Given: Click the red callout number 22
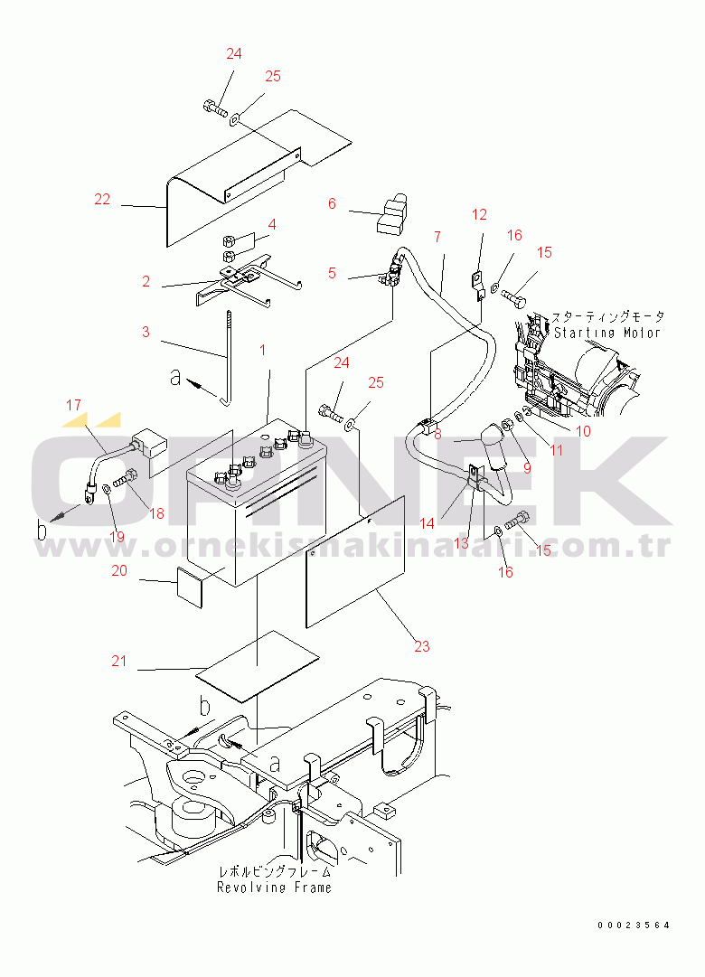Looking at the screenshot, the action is pyautogui.click(x=102, y=200).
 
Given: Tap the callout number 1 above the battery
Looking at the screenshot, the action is pyautogui.click(x=262, y=350).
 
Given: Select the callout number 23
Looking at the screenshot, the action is pyautogui.click(x=422, y=647).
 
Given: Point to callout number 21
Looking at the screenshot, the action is pyautogui.click(x=119, y=661).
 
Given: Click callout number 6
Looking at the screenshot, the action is pyautogui.click(x=332, y=203).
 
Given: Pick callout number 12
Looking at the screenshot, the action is pyautogui.click(x=479, y=215).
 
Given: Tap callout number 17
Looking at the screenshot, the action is pyautogui.click(x=73, y=406).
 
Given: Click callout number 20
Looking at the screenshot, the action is pyautogui.click(x=119, y=571).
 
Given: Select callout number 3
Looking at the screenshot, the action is pyautogui.click(x=146, y=332).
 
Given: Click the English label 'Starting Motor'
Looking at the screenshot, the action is pyautogui.click(x=607, y=333).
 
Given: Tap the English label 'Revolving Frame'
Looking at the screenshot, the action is pyautogui.click(x=274, y=888).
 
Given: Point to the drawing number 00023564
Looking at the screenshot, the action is pyautogui.click(x=634, y=925).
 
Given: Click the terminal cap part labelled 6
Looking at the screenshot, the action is pyautogui.click(x=392, y=215).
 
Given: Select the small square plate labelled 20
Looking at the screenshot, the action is pyautogui.click(x=190, y=587).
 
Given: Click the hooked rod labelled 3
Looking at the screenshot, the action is pyautogui.click(x=228, y=358).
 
